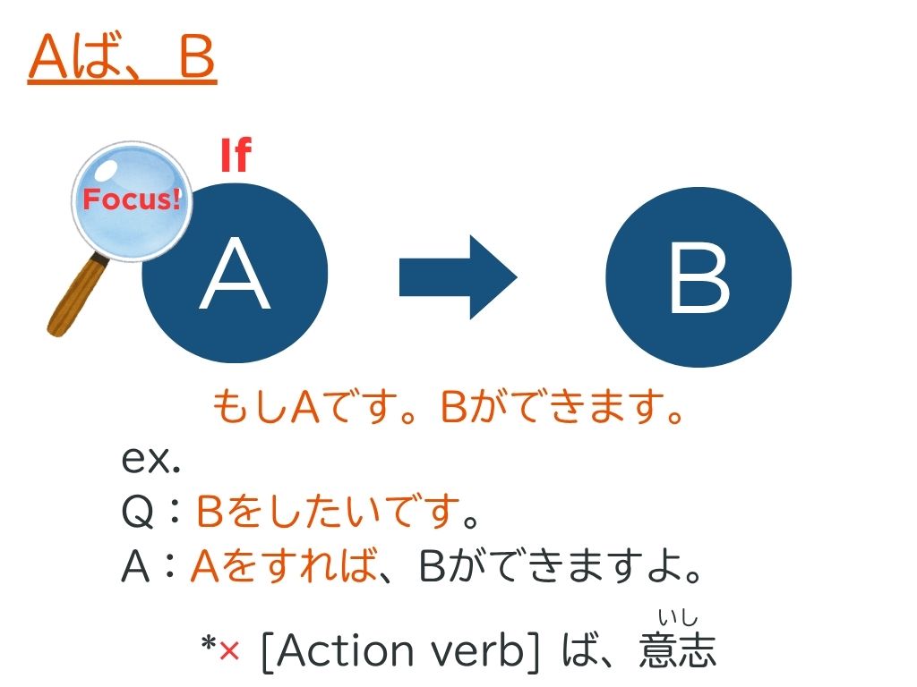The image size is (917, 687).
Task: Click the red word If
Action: point(236,155)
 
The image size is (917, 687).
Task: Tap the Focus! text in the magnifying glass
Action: point(132,199)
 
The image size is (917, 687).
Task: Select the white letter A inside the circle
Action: point(235,274)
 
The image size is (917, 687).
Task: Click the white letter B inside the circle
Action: point(699,277)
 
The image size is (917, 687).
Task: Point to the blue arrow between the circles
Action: point(458,277)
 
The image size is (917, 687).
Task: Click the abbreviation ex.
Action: point(150,459)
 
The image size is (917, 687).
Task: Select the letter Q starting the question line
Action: point(138,511)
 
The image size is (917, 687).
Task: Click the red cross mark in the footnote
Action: point(230,650)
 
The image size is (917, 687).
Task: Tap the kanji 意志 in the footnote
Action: point(677,649)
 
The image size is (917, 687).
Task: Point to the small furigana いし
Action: point(678,617)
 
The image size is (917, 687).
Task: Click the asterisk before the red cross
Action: point(209,644)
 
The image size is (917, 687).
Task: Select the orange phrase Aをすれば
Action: point(284,565)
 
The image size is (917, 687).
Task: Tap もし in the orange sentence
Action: point(251,407)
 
